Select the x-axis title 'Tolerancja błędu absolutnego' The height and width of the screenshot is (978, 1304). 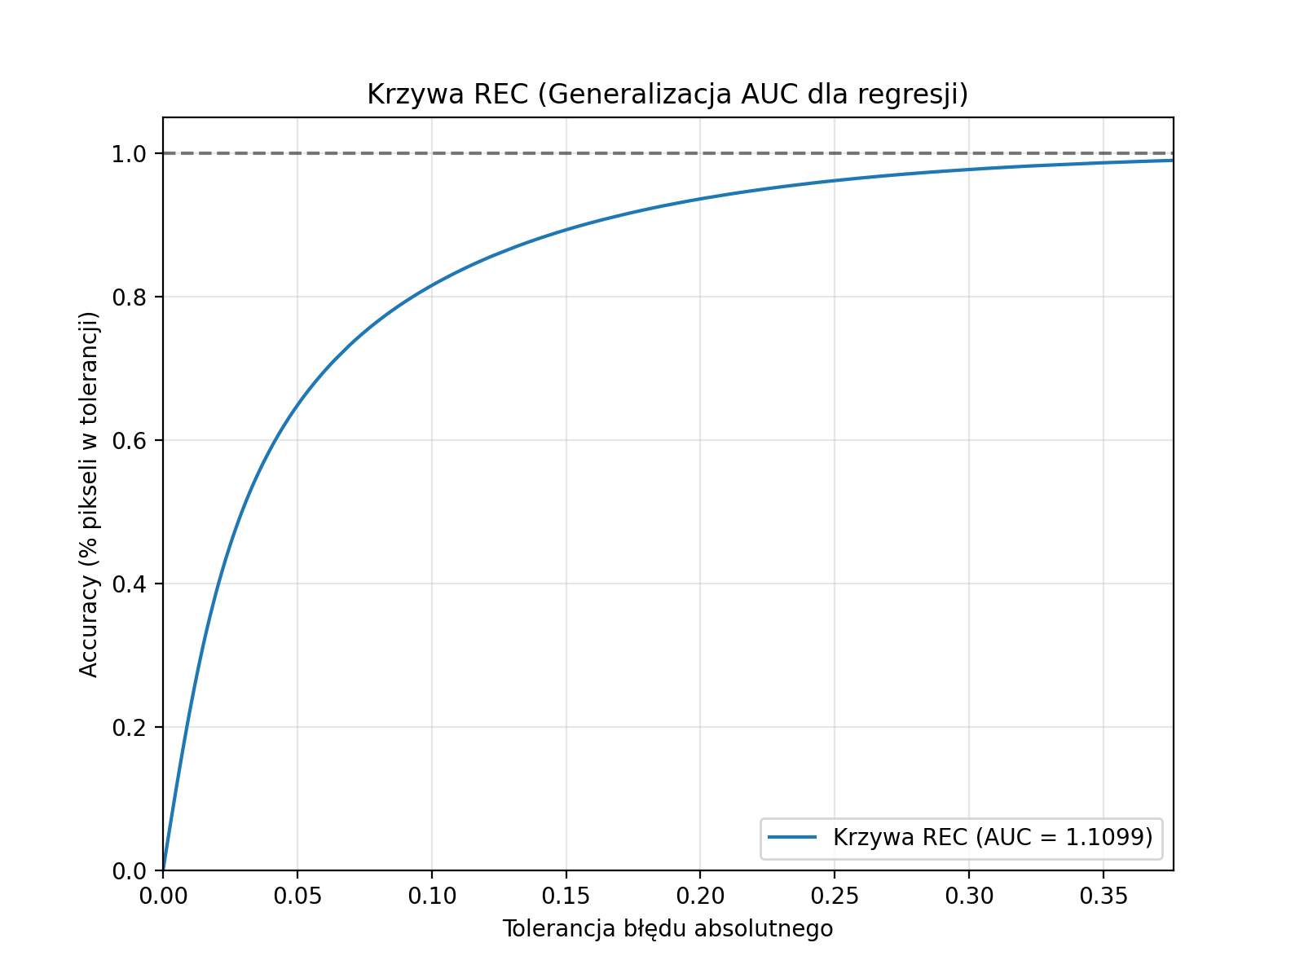[x=667, y=928]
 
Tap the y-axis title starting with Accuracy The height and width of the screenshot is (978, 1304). [x=89, y=495]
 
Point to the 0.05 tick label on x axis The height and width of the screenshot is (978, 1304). [x=297, y=896]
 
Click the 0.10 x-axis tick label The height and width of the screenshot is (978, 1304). [x=431, y=896]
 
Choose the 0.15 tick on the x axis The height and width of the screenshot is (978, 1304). [x=566, y=896]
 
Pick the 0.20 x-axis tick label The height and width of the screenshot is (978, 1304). [x=700, y=896]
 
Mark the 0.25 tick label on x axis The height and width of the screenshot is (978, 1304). [x=835, y=896]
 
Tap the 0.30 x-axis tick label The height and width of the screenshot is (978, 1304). [x=968, y=896]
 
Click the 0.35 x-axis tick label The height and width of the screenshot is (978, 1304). [x=1103, y=896]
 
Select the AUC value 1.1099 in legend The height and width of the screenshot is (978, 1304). [x=1108, y=837]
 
